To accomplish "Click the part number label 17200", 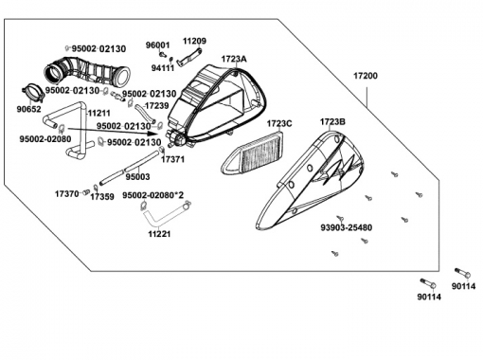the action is click(x=366, y=76).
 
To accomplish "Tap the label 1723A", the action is click(x=234, y=59).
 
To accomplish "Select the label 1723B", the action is click(x=332, y=121).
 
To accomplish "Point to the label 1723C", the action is click(x=279, y=123).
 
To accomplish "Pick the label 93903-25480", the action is click(x=347, y=227).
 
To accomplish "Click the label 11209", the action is click(x=195, y=41).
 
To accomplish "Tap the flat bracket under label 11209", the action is click(x=189, y=57).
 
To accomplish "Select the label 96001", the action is click(x=157, y=45).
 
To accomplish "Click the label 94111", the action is click(x=163, y=68).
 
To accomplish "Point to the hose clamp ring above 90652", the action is click(x=32, y=92).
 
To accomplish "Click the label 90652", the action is click(x=28, y=109).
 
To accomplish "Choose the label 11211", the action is click(x=98, y=113).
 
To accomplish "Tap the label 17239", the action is click(x=157, y=105).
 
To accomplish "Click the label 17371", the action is click(x=172, y=159).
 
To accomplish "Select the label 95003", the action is click(x=137, y=177).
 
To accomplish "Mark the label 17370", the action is click(x=66, y=194).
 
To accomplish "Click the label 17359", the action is click(x=102, y=197).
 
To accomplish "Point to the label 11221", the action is click(x=159, y=234).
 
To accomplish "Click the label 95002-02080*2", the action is click(x=152, y=195).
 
